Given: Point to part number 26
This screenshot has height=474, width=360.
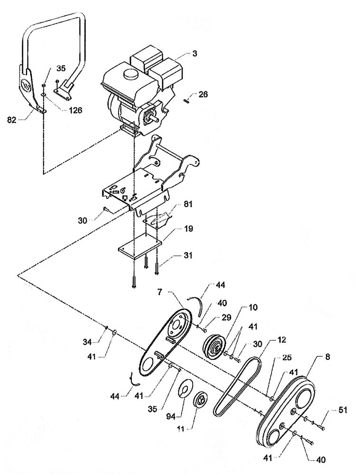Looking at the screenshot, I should [203, 94].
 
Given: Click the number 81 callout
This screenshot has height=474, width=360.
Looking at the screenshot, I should [176, 206].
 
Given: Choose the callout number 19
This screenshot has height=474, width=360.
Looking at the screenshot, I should [175, 229].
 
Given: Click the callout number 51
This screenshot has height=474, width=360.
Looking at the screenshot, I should [342, 411].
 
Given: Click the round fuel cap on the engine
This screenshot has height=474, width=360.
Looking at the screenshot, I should [127, 76].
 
